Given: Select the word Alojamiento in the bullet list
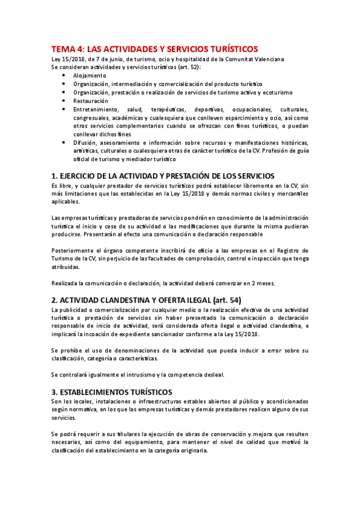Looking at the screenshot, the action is pyautogui.click(x=90, y=76).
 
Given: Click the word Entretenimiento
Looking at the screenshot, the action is pyautogui.click(x=97, y=110).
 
